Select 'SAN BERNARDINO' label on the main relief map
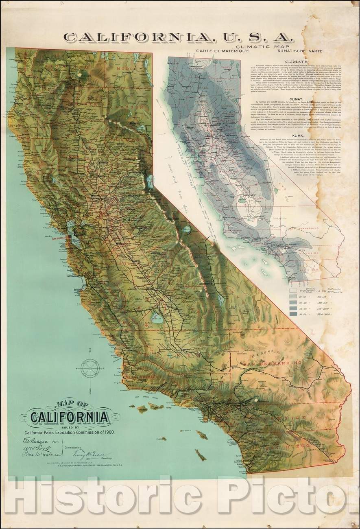(x=272, y=362)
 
